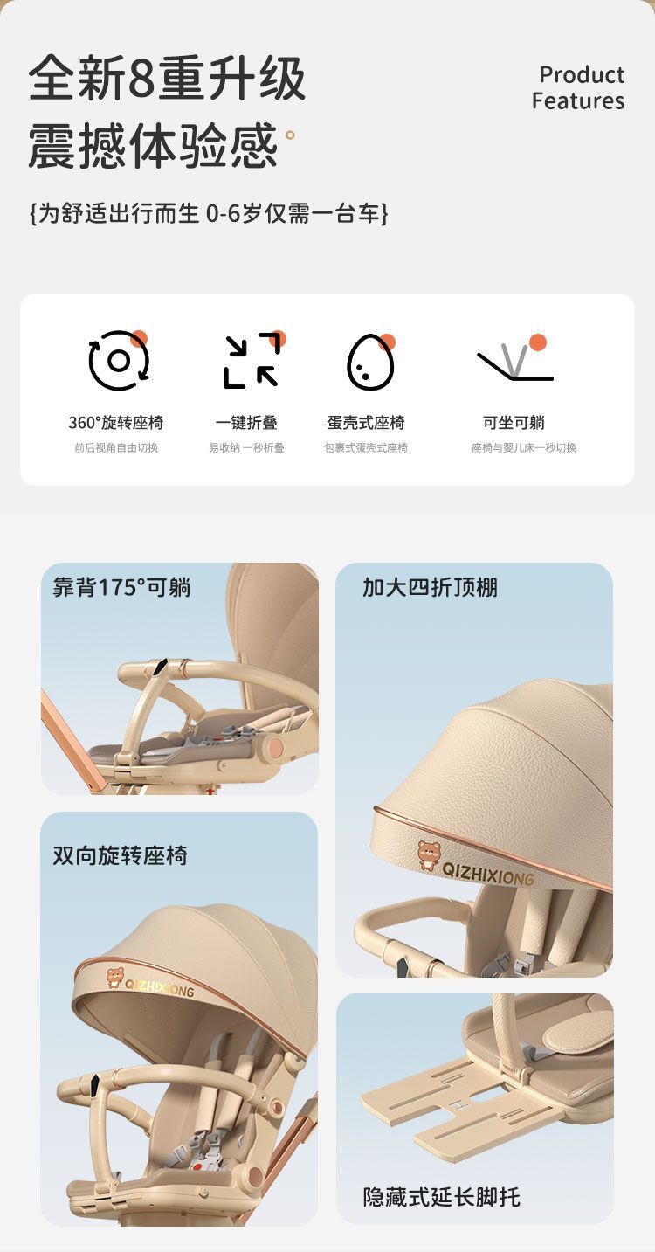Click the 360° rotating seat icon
pyautogui.click(x=119, y=361)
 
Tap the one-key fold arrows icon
pyautogui.click(x=252, y=361)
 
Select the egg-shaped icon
pyautogui.click(x=370, y=362)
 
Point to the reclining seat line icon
pyautogui.click(x=514, y=362)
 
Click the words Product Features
pyautogui.click(x=578, y=87)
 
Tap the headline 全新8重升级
pyautogui.click(x=167, y=78)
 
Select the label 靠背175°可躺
pyautogui.click(x=122, y=587)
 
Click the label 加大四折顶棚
pyautogui.click(x=430, y=587)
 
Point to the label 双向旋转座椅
pyautogui.click(x=121, y=855)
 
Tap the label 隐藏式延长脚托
pyautogui.click(x=442, y=1197)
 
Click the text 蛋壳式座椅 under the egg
pyautogui.click(x=366, y=423)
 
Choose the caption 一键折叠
pyautogui.click(x=246, y=423)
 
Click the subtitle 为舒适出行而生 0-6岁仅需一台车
pyautogui.click(x=209, y=213)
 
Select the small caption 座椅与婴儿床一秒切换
pyautogui.click(x=524, y=447)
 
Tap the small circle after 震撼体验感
pyautogui.click(x=290, y=135)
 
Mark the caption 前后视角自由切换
pyautogui.click(x=116, y=447)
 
